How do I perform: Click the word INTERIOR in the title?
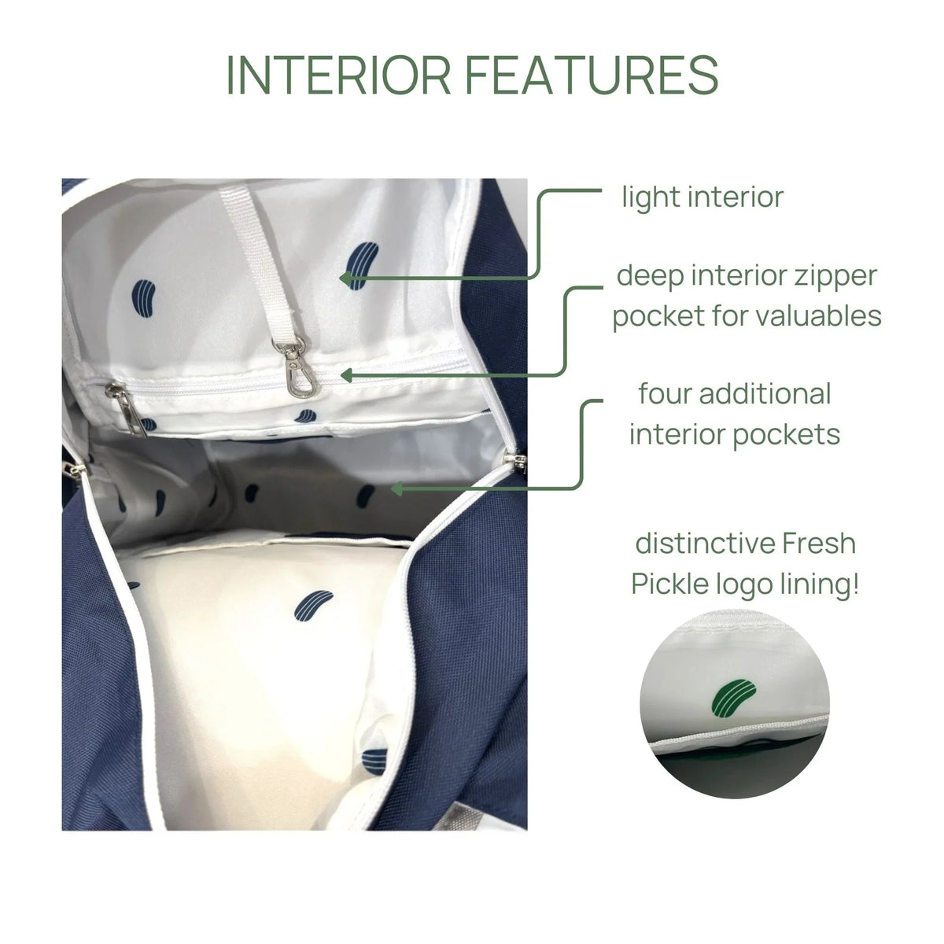pos(338,75)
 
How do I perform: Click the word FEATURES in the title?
pos(592,75)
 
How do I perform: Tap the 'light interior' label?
pos(702,197)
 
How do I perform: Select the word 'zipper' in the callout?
pos(835,277)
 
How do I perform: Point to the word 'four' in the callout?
pos(665,393)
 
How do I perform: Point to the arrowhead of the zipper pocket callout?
pos(347,376)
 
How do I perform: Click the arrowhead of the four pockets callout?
pos(397,489)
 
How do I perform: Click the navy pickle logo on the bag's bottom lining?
pos(314,606)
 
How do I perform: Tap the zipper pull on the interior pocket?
pos(125,407)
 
